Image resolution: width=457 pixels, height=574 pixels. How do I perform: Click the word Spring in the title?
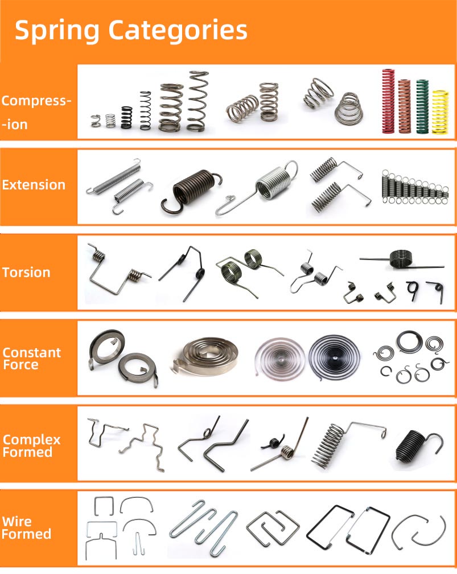click(x=57, y=31)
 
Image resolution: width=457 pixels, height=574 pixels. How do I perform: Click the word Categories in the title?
click(x=178, y=30)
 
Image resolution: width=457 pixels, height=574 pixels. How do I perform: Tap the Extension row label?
click(x=34, y=185)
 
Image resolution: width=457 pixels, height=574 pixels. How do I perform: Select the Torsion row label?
click(x=26, y=272)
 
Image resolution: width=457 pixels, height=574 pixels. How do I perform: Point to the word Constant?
click(x=31, y=353)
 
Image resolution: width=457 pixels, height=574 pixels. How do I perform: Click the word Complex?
click(x=31, y=440)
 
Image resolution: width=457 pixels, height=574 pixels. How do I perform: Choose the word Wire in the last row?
click(x=17, y=521)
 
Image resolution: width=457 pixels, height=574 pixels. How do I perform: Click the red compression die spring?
click(x=388, y=101)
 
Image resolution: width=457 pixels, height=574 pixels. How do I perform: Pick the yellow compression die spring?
click(x=440, y=112)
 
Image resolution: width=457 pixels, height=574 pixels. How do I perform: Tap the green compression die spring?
click(x=422, y=106)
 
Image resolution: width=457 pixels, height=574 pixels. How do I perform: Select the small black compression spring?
click(x=126, y=117)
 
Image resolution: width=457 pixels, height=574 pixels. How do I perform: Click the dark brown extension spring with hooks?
click(x=190, y=191)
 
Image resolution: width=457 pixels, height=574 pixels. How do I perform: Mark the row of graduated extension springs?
click(x=414, y=187)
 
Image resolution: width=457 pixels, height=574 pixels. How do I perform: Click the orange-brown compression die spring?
click(x=404, y=106)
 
